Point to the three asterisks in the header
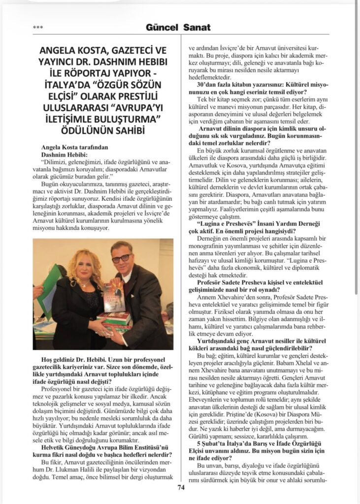pyautogui.click(x=37, y=28)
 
